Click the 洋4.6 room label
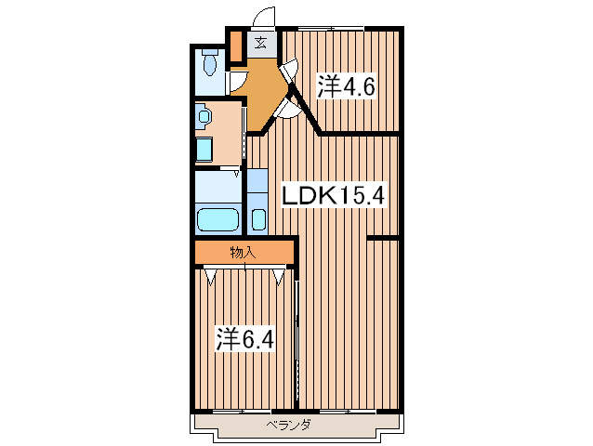[x=349, y=88]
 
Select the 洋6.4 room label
[x=244, y=338]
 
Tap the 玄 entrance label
[x=261, y=43]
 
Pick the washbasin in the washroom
[x=204, y=118]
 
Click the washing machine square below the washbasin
[x=204, y=150]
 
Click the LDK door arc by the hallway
[x=290, y=109]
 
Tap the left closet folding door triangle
[x=213, y=275]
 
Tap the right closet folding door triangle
[x=281, y=275]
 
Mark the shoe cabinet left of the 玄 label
[x=236, y=44]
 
